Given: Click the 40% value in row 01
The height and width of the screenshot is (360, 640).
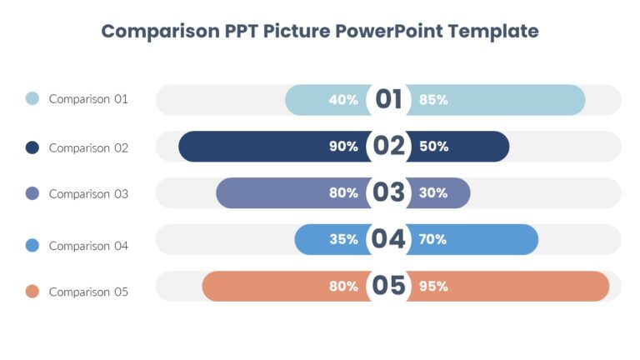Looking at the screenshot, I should tap(343, 100).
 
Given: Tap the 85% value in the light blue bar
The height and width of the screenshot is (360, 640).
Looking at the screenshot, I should tap(433, 100).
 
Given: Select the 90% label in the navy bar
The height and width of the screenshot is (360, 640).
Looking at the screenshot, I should tap(343, 147).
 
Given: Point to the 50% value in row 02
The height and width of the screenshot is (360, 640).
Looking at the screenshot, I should tap(433, 147).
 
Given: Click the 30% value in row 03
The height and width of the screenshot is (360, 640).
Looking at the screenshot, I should tap(433, 193).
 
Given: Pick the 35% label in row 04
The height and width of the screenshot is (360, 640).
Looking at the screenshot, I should tap(343, 240).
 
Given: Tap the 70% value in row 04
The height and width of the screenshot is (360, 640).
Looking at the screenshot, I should tap(433, 240).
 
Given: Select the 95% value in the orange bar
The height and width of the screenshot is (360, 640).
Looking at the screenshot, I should tap(433, 287).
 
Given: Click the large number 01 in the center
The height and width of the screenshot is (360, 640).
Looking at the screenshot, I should tap(388, 100).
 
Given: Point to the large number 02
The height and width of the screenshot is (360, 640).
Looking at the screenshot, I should tap(388, 147).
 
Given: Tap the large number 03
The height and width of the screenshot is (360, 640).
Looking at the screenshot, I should tap(388, 193).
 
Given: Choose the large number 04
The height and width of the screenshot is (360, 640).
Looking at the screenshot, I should tap(388, 240).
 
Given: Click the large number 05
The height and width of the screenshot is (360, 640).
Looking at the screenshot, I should tap(388, 287).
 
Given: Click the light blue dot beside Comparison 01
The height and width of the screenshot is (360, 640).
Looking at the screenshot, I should tap(32, 98).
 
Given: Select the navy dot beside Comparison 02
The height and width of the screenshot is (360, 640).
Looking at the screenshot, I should tap(32, 147).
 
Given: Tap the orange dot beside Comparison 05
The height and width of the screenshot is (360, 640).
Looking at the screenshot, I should tap(32, 292).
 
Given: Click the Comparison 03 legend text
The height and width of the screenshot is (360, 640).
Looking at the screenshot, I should tap(88, 194).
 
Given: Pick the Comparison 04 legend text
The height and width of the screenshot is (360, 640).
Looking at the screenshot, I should tap(88, 246).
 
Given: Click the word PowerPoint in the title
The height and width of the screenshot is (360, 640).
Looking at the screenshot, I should tap(388, 32).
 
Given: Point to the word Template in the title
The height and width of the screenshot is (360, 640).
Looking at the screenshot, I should tap(493, 32).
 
